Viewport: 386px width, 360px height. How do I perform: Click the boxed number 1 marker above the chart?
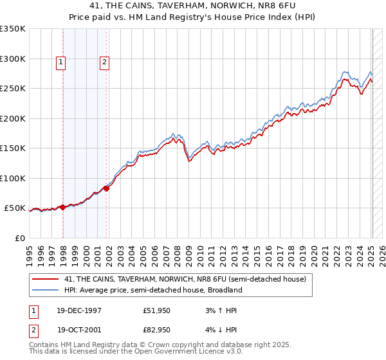click(x=60, y=62)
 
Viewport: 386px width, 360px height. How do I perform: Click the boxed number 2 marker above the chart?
click(x=104, y=62)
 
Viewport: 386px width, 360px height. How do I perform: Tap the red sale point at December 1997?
click(x=62, y=207)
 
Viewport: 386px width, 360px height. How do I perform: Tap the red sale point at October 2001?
click(x=107, y=188)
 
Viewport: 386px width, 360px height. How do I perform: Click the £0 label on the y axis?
click(x=19, y=238)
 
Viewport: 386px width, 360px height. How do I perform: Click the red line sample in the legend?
click(x=44, y=279)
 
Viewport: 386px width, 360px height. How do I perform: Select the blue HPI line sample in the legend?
click(x=44, y=290)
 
